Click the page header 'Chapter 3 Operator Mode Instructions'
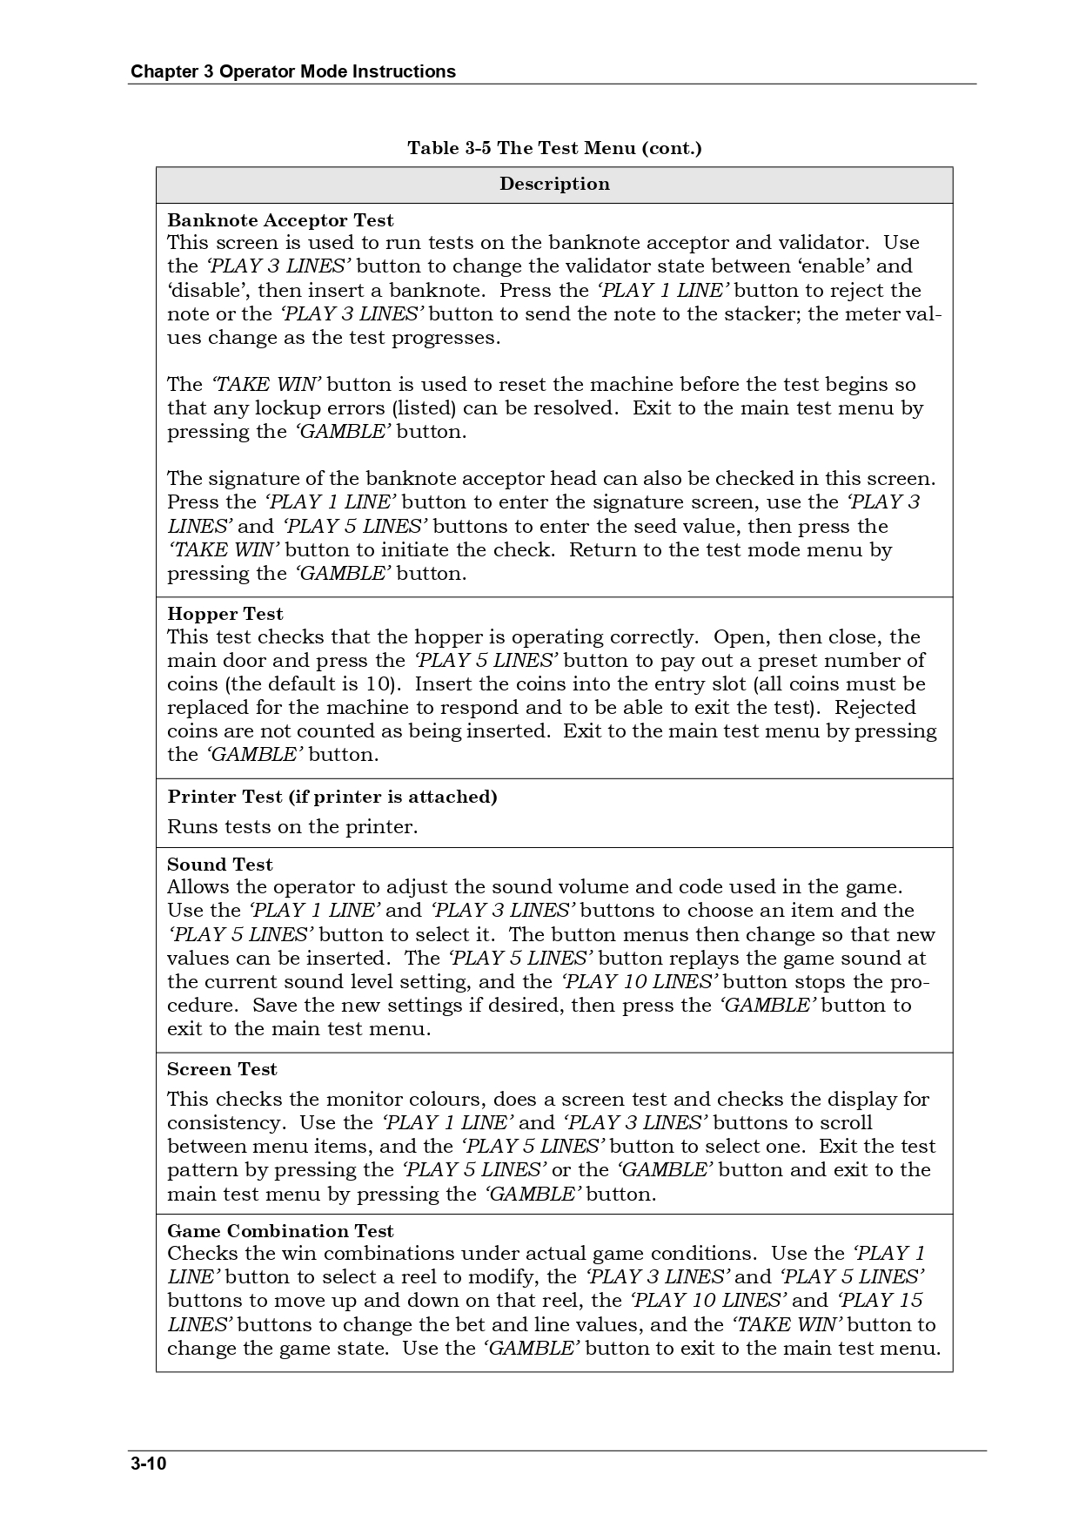point(292,71)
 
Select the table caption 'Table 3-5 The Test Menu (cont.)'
point(554,148)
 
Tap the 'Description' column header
point(554,184)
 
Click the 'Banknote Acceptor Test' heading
point(280,220)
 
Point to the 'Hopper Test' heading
point(225,614)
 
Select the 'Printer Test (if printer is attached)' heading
point(332,797)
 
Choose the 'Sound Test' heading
point(220,865)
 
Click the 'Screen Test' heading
point(222,1069)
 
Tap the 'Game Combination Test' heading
point(280,1231)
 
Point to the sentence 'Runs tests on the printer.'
point(292,826)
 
